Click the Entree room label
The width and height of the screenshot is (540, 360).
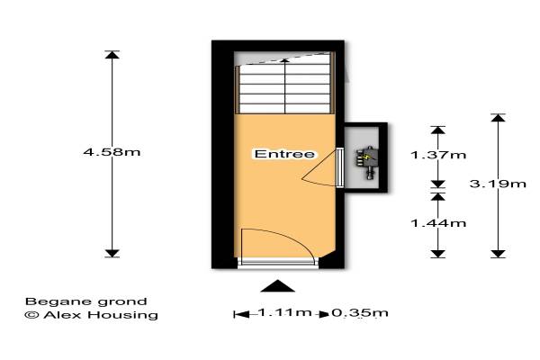pos(284,154)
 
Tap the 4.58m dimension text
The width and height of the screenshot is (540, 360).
pos(112,152)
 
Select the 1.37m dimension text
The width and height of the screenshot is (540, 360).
pos(438,155)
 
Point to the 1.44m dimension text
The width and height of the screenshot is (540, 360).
pos(438,223)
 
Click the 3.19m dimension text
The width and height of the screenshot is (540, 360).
pos(498,184)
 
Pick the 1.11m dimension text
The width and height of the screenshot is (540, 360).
pos(284,312)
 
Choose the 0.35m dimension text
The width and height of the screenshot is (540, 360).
pos(360,313)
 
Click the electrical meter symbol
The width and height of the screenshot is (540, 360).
pos(367,163)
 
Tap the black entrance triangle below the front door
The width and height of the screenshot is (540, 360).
pos(277,286)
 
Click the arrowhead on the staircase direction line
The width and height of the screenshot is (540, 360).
pos(284,60)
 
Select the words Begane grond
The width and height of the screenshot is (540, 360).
pos(86,302)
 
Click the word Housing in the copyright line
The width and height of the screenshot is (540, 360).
pos(125,315)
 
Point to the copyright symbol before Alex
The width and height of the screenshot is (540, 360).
pos(31,314)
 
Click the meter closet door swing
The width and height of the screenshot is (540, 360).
pos(319,168)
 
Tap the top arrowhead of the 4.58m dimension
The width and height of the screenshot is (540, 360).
pos(112,55)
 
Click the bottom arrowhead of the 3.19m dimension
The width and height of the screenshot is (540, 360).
pos(498,254)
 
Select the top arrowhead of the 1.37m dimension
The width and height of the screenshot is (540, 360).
pos(438,130)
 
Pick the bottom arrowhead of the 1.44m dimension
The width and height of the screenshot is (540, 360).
pos(438,254)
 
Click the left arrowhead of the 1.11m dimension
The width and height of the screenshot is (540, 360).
pos(242,314)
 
